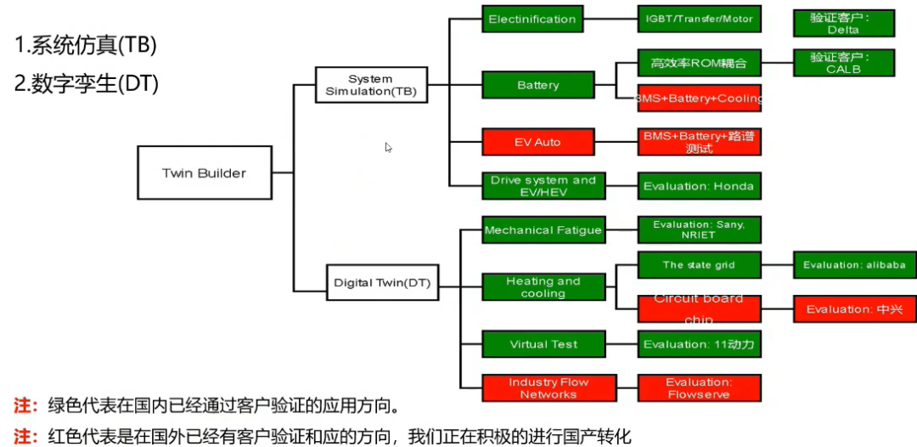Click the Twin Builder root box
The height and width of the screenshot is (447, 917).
(204, 173)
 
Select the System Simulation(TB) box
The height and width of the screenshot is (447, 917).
(370, 85)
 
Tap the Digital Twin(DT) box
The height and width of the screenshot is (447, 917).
(382, 283)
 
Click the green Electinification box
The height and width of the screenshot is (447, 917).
(532, 20)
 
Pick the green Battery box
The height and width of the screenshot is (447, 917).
(537, 85)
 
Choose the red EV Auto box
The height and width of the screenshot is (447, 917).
(537, 142)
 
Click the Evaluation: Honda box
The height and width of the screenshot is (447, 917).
(699, 185)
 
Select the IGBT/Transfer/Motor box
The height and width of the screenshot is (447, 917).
(699, 20)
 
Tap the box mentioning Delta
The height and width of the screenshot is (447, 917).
(842, 23)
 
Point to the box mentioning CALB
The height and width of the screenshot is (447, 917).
(842, 63)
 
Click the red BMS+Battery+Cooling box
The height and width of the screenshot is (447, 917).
(699, 99)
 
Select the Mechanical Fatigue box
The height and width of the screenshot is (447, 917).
(543, 229)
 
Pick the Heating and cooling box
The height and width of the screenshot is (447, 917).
(543, 287)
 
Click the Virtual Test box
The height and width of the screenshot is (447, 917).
(543, 344)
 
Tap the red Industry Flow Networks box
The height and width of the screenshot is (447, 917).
(543, 388)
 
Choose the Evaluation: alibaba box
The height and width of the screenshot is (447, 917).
(854, 264)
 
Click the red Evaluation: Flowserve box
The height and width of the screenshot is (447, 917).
(699, 388)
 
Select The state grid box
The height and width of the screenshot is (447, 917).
(699, 264)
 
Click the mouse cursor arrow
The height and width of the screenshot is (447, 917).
(388, 147)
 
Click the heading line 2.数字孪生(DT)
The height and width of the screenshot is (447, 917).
(87, 83)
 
